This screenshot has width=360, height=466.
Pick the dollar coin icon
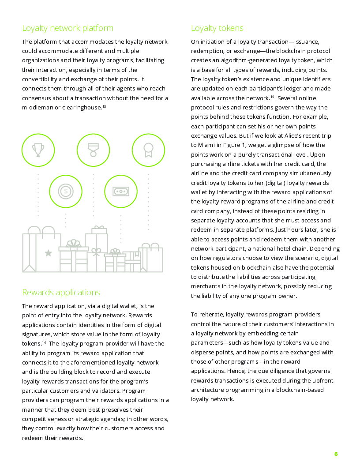click(x=66, y=191)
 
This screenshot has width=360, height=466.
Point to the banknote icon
click(x=121, y=191)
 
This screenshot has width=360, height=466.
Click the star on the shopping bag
click(x=48, y=253)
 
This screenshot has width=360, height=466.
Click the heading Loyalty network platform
click(x=67, y=28)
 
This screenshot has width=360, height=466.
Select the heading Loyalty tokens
click(x=217, y=28)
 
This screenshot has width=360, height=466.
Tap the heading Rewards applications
click(x=61, y=292)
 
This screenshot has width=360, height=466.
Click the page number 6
click(x=336, y=454)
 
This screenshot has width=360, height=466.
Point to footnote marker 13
click(x=104, y=106)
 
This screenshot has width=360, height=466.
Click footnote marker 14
click(x=44, y=342)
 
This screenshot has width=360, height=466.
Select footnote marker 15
click(x=273, y=97)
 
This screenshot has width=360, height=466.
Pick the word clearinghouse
click(x=81, y=108)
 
